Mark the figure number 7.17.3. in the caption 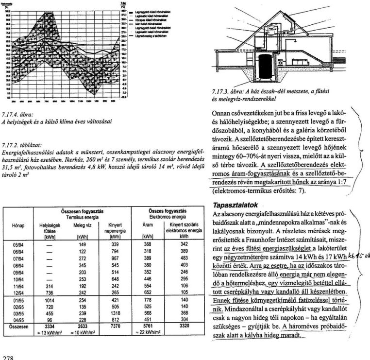pyautogui.click(x=223, y=91)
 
